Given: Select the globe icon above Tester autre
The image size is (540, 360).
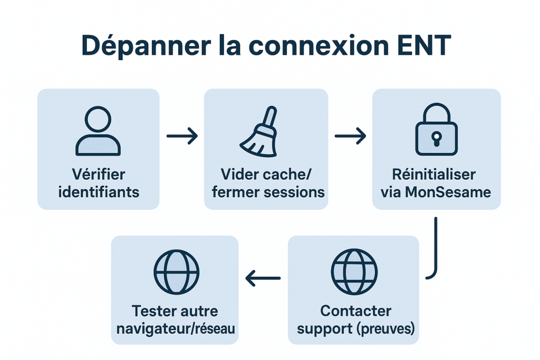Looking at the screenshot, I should click(176, 272).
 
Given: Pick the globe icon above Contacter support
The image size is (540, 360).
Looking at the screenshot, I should click(354, 272).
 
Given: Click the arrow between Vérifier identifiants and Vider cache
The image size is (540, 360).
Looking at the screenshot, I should click(182, 137).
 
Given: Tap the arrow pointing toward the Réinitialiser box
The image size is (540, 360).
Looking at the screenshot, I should click(350, 137).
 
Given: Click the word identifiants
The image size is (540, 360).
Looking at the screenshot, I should click(99, 191).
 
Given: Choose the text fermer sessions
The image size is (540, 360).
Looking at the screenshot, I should click(268, 191).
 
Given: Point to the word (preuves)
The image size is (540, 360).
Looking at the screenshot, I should click(387, 328).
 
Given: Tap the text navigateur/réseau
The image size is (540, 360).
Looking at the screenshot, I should click(176, 328).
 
